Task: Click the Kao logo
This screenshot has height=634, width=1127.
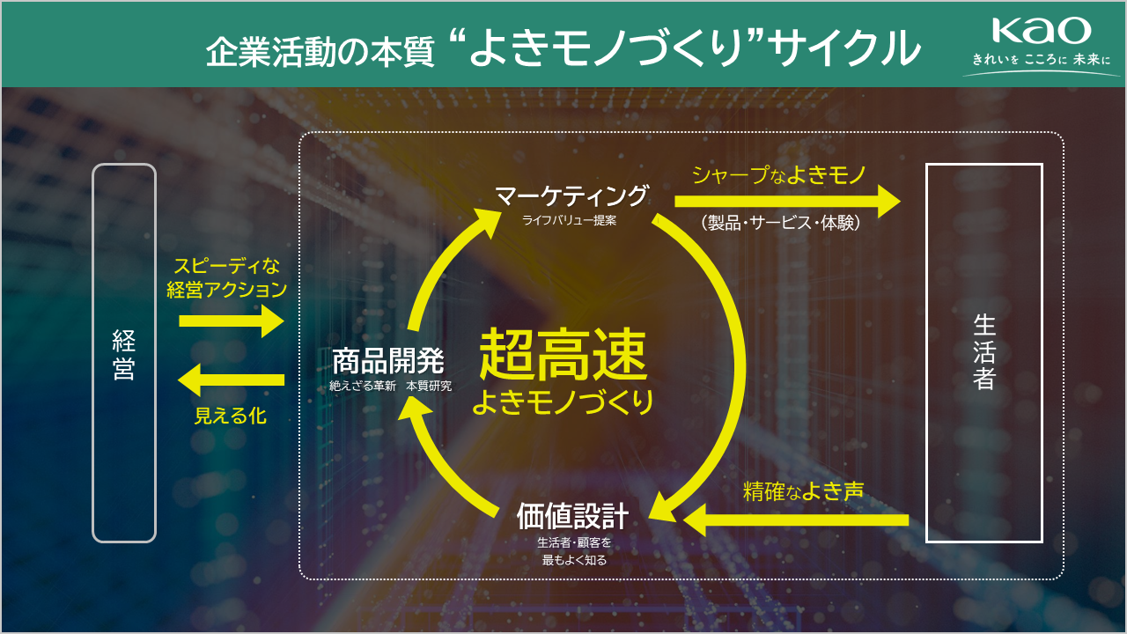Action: pyautogui.click(x=1042, y=30)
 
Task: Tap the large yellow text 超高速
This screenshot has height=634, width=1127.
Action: pyautogui.click(x=563, y=354)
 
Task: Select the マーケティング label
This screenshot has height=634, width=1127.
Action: pyautogui.click(x=571, y=196)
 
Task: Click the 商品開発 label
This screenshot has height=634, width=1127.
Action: pyautogui.click(x=388, y=361)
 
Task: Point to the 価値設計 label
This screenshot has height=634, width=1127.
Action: pyautogui.click(x=572, y=516)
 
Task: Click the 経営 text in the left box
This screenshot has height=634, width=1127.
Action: pyautogui.click(x=124, y=355)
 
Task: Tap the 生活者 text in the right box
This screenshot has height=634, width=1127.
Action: pyautogui.click(x=984, y=352)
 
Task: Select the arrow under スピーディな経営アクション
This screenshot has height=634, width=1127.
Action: pyautogui.click(x=232, y=321)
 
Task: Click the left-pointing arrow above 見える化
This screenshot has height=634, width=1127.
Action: pyautogui.click(x=232, y=380)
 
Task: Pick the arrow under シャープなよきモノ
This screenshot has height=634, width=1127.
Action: pyautogui.click(x=787, y=202)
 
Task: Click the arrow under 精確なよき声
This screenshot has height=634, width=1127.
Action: pyautogui.click(x=796, y=520)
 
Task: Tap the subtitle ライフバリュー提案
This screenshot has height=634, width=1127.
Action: pyautogui.click(x=569, y=220)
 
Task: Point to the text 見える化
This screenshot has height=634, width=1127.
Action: pyautogui.click(x=231, y=416)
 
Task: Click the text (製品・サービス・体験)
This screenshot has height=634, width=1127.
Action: pyautogui.click(x=780, y=223)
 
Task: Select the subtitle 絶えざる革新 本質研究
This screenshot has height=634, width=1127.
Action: pyautogui.click(x=390, y=386)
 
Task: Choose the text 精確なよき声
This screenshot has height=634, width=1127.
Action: pyautogui.click(x=804, y=491)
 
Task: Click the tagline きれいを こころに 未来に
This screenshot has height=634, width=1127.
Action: pyautogui.click(x=1041, y=59)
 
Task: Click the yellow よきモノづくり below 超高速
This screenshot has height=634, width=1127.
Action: pyautogui.click(x=563, y=402)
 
